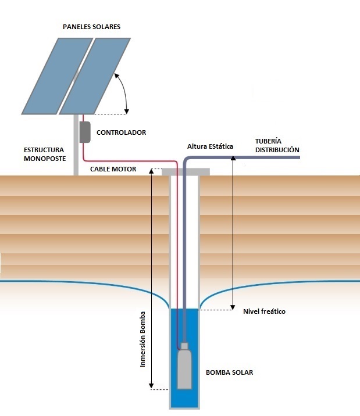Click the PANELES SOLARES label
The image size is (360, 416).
[91, 27]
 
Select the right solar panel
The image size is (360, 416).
[96, 76]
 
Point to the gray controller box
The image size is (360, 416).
[85, 132]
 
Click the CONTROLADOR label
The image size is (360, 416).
[121, 132]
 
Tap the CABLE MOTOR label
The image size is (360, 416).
[113, 169]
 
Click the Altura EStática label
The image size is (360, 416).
[209, 146]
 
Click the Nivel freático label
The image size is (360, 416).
[263, 311]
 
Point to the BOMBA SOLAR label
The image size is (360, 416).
[229, 372]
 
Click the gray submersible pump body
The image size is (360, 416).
[184, 370]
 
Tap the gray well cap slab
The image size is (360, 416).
[186, 171]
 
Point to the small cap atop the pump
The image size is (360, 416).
[184, 346]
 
